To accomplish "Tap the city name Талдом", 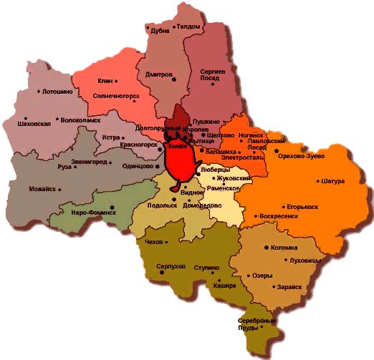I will [188, 26].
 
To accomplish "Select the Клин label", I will [106, 82].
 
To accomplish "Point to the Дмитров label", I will [158, 74].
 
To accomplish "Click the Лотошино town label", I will [57, 92].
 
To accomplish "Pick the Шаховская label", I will [34, 124].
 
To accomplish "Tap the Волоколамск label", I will [80, 120].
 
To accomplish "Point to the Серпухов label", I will [171, 266].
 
